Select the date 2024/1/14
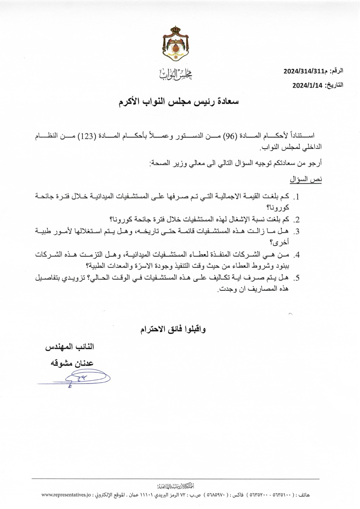tap(308, 85)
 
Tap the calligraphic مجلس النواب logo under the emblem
tap(176, 74)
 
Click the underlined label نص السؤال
tap(306, 179)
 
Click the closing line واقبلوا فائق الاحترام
tap(173, 329)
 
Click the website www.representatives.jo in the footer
tap(66, 495)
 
